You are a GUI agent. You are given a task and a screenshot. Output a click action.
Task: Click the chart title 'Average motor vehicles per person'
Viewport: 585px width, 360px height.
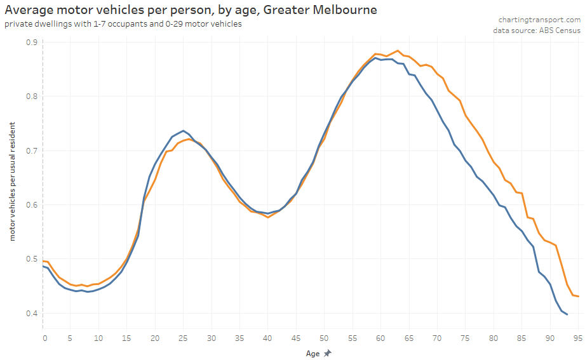pyautogui.click(x=191, y=10)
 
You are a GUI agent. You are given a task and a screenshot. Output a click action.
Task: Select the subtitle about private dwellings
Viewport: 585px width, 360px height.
pyautogui.click(x=123, y=24)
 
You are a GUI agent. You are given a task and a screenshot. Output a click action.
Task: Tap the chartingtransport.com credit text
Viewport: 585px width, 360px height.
pyautogui.click(x=540, y=20)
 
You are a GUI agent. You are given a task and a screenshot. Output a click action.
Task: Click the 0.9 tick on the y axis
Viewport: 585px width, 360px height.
pyautogui.click(x=30, y=42)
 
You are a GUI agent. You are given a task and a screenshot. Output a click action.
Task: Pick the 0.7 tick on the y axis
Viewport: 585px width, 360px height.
pyautogui.click(x=30, y=150)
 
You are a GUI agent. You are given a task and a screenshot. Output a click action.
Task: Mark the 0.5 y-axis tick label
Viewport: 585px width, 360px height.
pyautogui.click(x=30, y=259)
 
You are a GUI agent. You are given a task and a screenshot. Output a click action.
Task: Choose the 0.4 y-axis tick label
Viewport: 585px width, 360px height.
pyautogui.click(x=30, y=313)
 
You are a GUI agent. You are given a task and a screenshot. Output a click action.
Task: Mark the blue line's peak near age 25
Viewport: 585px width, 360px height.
pyautogui.click(x=183, y=131)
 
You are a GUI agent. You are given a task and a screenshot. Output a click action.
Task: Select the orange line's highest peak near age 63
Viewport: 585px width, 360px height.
pyautogui.click(x=397, y=51)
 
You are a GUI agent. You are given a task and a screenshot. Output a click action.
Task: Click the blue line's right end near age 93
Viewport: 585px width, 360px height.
pyautogui.click(x=567, y=314)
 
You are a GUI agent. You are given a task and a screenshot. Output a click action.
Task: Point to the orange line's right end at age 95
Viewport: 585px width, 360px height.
pyautogui.click(x=578, y=297)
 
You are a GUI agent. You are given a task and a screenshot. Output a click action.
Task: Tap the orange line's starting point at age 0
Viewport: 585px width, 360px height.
pyautogui.click(x=43, y=261)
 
